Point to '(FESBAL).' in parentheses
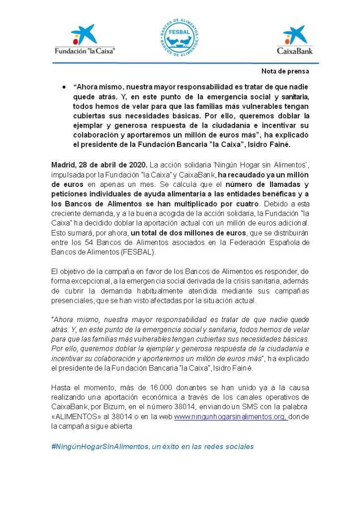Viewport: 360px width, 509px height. point(141,252)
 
